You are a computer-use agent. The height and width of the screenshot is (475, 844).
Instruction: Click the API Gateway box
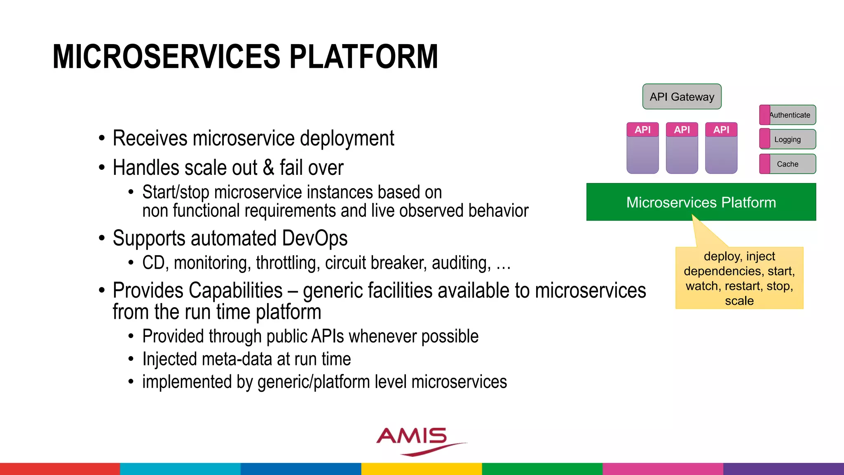point(682,97)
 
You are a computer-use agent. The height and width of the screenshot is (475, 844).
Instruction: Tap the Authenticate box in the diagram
point(788,115)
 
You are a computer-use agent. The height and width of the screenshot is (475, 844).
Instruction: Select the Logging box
point(788,139)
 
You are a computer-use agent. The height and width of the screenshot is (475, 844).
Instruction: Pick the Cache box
point(788,164)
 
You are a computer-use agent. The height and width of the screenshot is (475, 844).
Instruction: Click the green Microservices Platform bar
point(701,202)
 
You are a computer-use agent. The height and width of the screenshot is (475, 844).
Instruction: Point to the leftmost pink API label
point(642,130)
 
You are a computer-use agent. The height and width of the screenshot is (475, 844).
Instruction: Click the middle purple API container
point(682,155)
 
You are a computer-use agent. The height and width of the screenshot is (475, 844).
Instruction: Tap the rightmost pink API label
point(721,130)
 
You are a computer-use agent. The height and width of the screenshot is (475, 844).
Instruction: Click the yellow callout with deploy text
point(739,278)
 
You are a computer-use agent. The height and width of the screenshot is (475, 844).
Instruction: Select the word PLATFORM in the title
point(363,56)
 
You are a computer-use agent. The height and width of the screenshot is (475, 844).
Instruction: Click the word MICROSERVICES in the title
point(166,56)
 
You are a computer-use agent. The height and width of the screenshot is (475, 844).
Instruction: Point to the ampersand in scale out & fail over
point(268,168)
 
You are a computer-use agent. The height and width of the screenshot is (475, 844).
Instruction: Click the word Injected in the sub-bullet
point(169,359)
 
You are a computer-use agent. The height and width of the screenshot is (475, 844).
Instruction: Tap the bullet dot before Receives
point(102,139)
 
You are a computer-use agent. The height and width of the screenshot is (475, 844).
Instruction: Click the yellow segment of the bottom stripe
point(422,469)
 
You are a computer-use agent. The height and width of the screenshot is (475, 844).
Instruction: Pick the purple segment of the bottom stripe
point(783,469)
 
